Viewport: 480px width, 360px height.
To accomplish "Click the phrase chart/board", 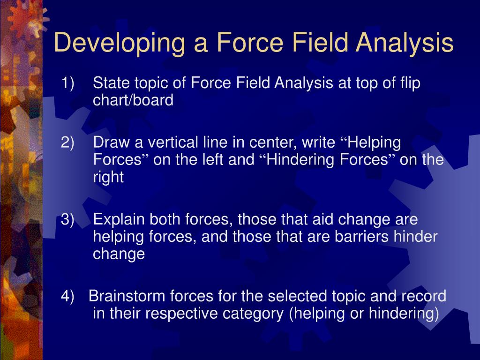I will [x=133, y=100].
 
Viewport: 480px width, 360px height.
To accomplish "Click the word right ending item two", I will [x=108, y=178].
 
